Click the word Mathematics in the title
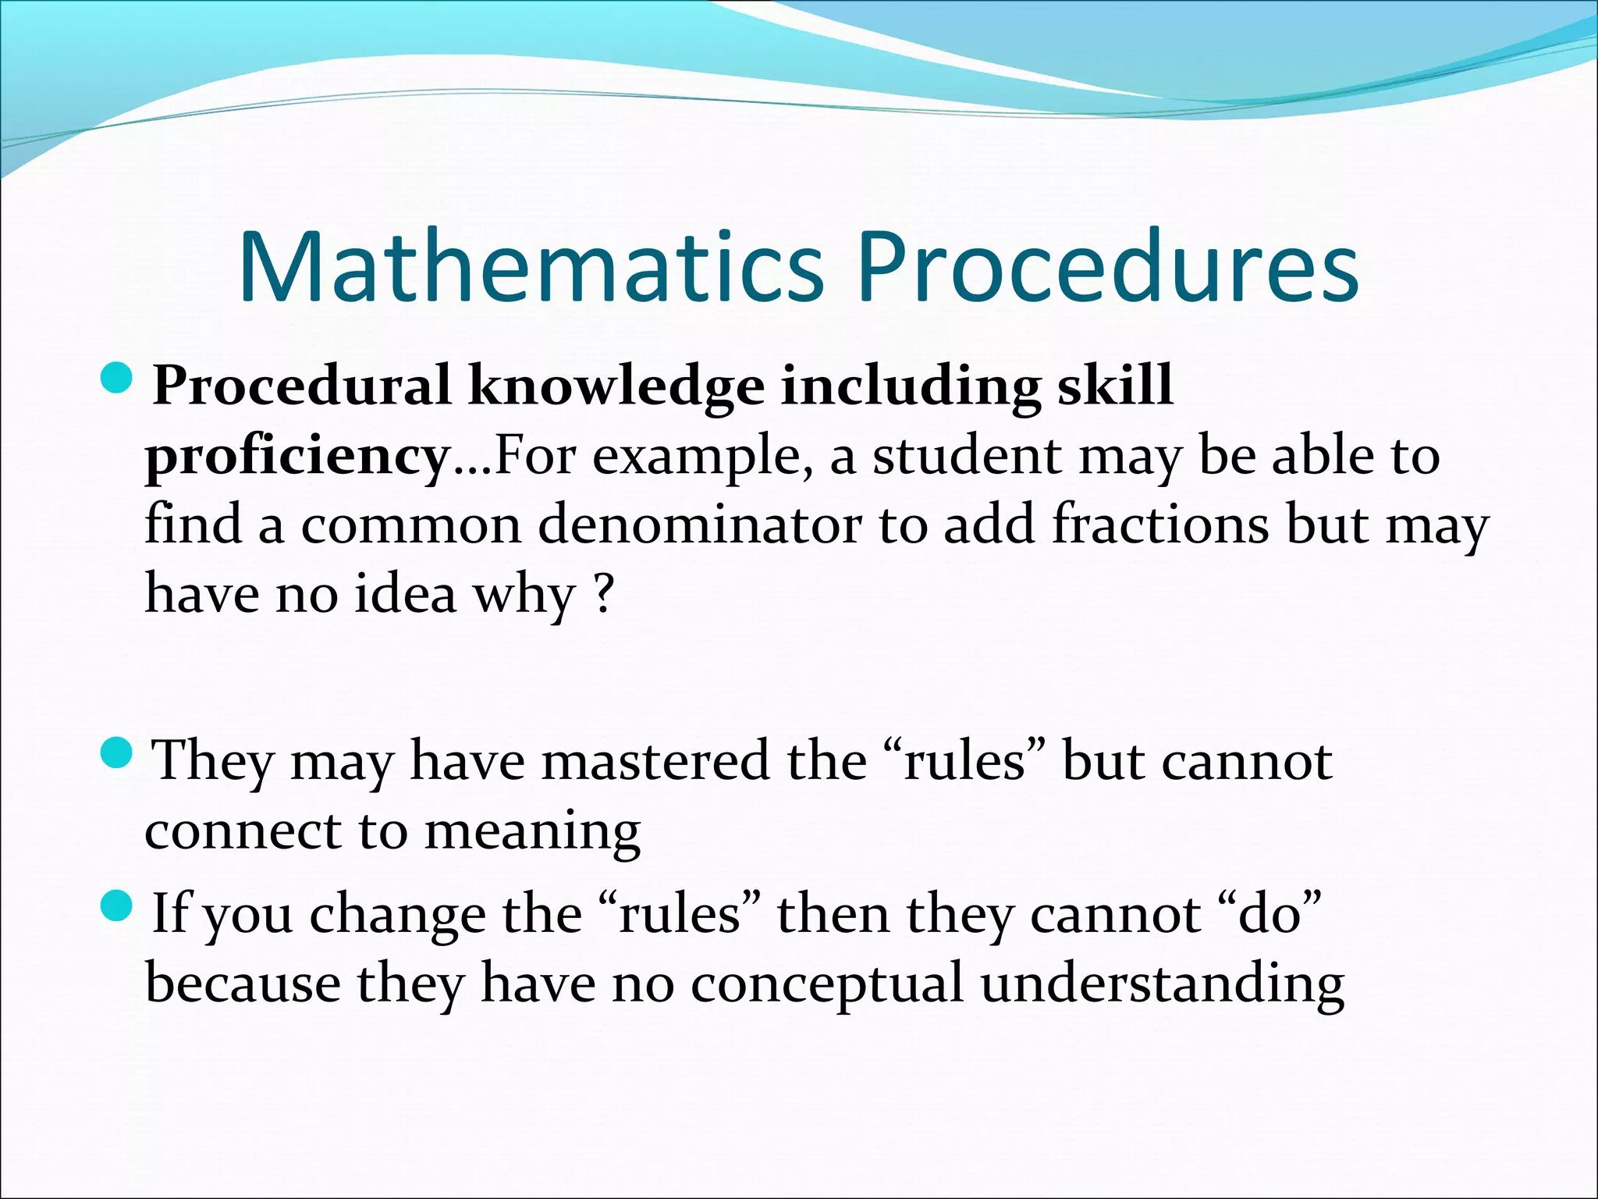(531, 267)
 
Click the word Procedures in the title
(1108, 267)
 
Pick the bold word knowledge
(616, 386)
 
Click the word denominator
(699, 525)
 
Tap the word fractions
(1160, 525)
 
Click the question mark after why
(603, 593)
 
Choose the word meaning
(532, 832)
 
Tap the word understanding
(1162, 984)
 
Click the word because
(243, 984)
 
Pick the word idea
(405, 593)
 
